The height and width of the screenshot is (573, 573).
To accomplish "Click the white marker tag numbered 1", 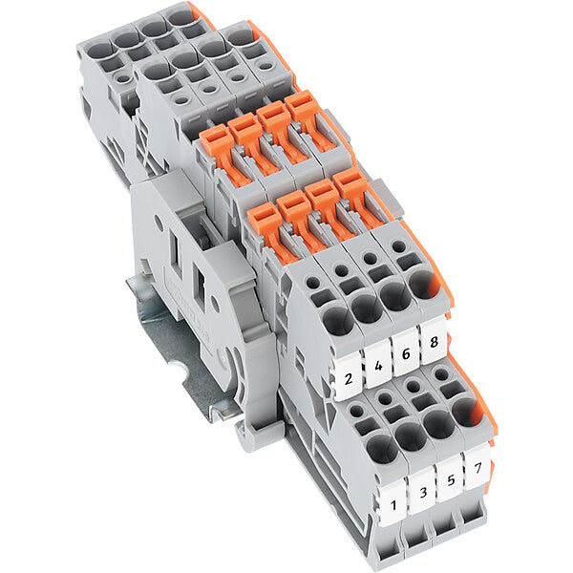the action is pyautogui.click(x=393, y=503).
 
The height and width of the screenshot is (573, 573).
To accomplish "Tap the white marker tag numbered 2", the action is pyautogui.click(x=348, y=377).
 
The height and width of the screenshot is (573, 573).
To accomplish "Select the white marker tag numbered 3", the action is pyautogui.click(x=421, y=492).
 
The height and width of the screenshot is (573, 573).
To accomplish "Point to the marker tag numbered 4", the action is pyautogui.click(x=378, y=365).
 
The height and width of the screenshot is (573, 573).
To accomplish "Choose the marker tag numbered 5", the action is pyautogui.click(x=450, y=478).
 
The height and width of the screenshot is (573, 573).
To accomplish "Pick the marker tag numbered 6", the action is pyautogui.click(x=406, y=352).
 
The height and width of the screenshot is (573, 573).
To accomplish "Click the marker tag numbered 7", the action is pyautogui.click(x=477, y=466).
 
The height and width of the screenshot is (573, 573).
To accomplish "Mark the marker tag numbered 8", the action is pyautogui.click(x=434, y=341).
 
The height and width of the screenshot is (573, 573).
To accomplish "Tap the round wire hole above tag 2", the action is pyautogui.click(x=338, y=321).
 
